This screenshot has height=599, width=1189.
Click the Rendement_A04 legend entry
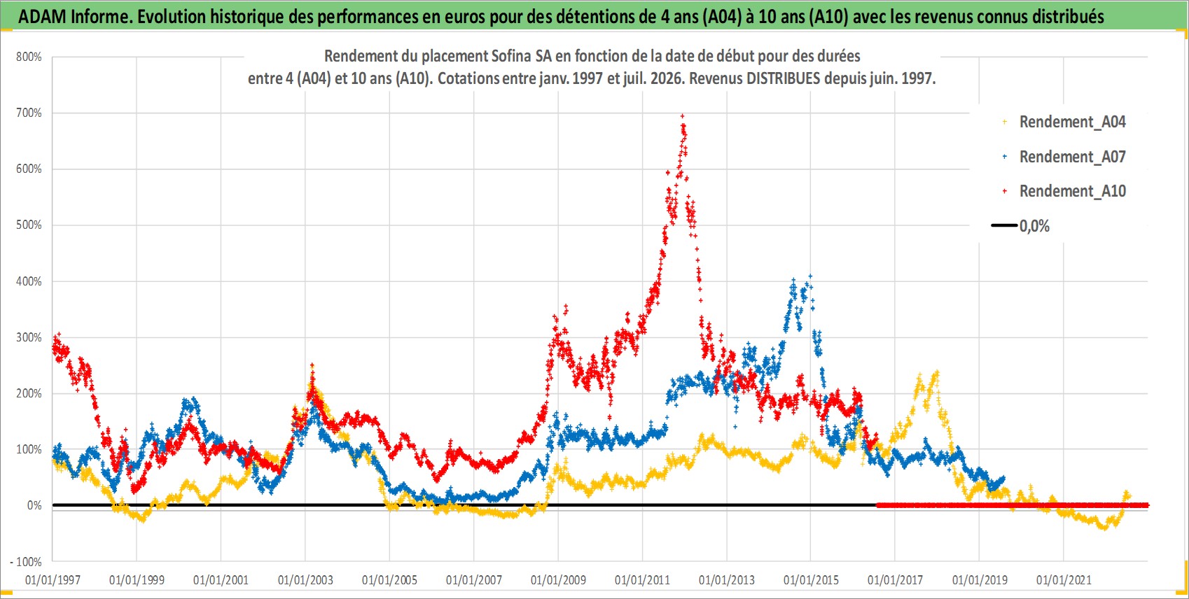click(1064, 122)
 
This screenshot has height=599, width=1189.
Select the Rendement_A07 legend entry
click(1064, 157)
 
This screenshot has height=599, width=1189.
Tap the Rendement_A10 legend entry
click(1064, 191)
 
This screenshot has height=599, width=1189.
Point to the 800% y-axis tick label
click(29, 57)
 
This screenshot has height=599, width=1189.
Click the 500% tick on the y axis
click(29, 225)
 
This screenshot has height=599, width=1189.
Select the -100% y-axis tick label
click(25, 561)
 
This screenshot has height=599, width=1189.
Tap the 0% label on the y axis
click(34, 506)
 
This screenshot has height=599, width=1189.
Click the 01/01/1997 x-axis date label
click(53, 580)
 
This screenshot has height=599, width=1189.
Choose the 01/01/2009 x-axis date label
click(558, 580)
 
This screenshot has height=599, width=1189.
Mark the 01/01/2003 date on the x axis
click(305, 580)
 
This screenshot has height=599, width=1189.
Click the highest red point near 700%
click(682, 115)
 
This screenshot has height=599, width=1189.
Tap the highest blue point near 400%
click(810, 276)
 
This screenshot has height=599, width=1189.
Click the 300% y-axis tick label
click(29, 337)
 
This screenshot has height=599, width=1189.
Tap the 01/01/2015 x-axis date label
click(811, 580)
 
